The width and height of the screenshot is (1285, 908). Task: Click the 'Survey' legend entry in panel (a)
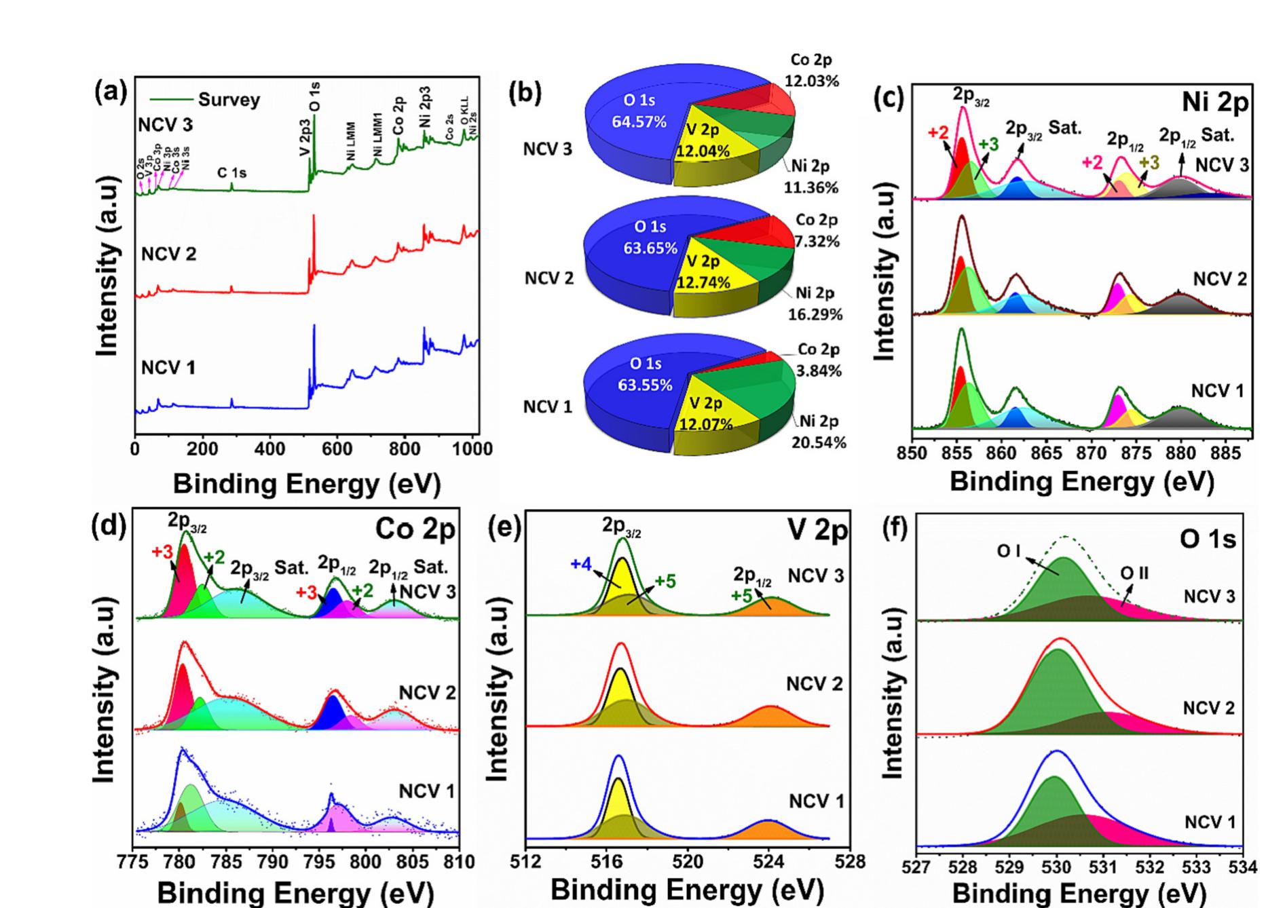point(228,100)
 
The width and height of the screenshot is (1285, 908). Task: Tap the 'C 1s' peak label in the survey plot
point(231,173)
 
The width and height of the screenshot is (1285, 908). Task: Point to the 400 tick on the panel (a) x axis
point(269,449)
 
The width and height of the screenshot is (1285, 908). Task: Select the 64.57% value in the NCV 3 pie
point(639,122)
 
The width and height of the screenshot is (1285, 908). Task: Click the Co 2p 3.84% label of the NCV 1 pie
point(819,360)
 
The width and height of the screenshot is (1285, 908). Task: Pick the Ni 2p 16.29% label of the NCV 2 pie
point(815,303)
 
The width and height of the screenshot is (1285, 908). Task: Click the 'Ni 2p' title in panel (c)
point(1215,102)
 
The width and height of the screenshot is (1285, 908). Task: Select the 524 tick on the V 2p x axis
point(768,863)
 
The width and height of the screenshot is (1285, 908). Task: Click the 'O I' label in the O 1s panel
point(1009,552)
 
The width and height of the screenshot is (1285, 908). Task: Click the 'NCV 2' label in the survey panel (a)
point(168,254)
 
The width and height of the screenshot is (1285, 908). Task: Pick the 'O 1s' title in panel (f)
point(1208,540)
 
